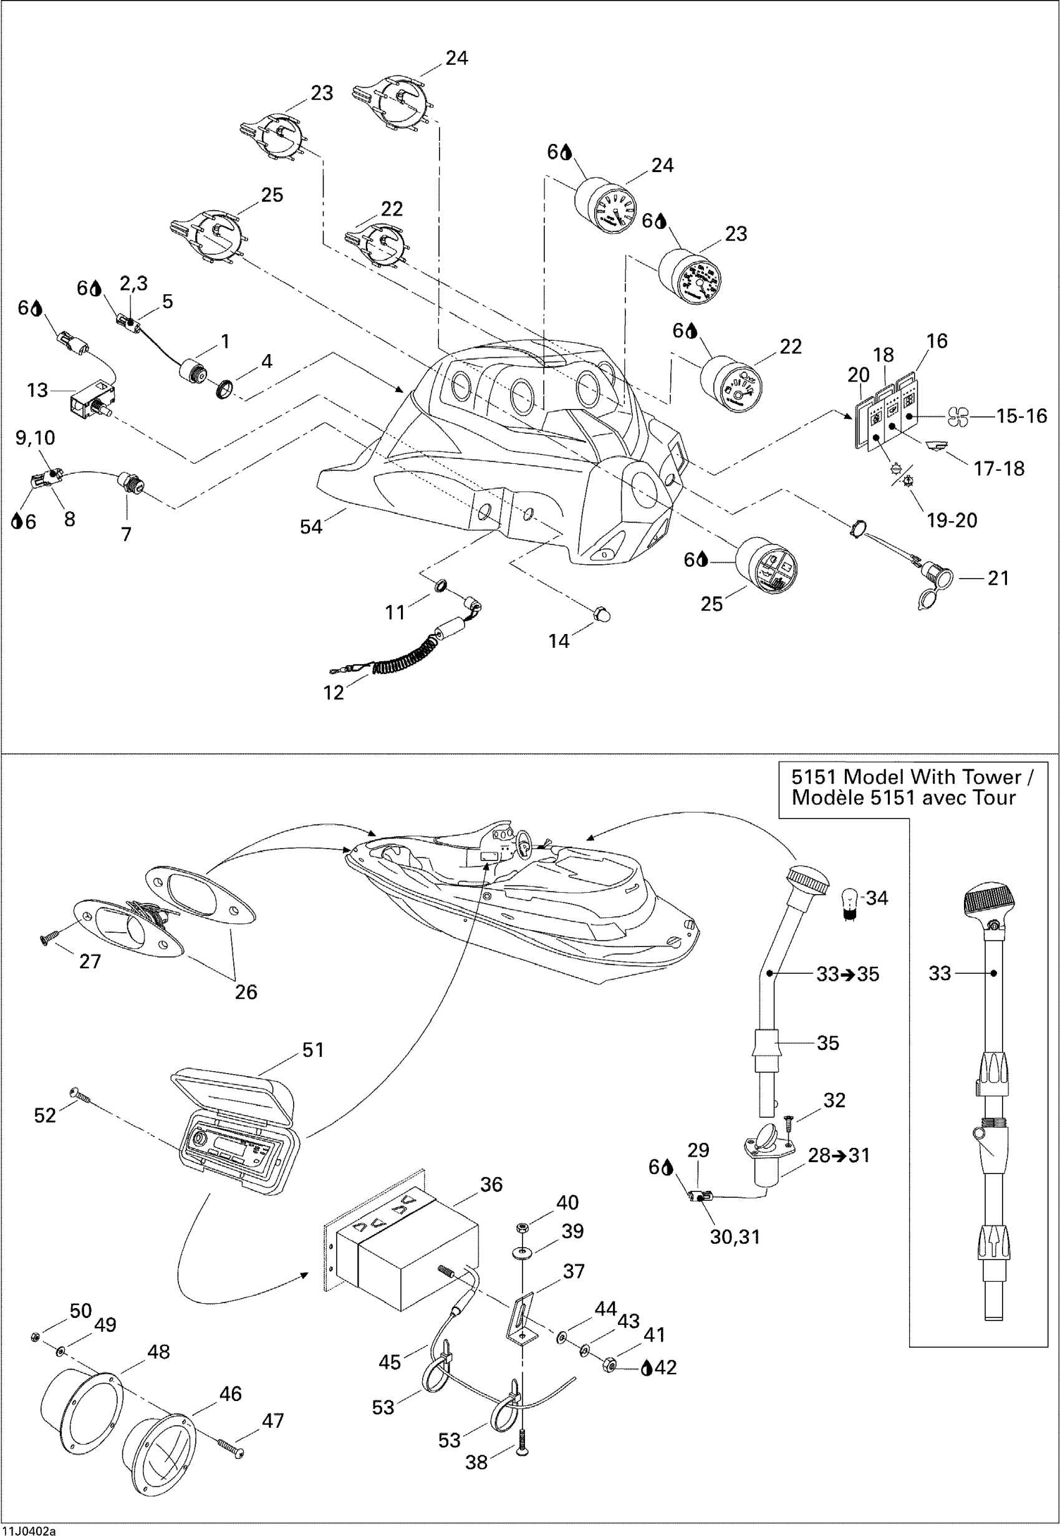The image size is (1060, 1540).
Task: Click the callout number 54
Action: click(311, 527)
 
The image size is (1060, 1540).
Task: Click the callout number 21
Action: click(998, 579)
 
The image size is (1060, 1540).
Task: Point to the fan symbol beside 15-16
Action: click(958, 417)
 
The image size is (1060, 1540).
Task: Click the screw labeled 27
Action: click(49, 938)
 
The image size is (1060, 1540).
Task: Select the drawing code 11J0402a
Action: click(29, 1531)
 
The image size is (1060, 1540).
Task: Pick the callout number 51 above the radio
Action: click(313, 1050)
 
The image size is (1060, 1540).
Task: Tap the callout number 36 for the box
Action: click(491, 1184)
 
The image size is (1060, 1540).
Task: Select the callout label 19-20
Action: click(952, 520)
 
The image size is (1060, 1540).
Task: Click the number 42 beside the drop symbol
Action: click(665, 1367)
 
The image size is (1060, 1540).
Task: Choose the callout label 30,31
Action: click(735, 1236)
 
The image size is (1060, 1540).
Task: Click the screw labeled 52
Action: click(80, 1095)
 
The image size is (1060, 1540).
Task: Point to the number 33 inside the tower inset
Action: click(940, 973)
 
